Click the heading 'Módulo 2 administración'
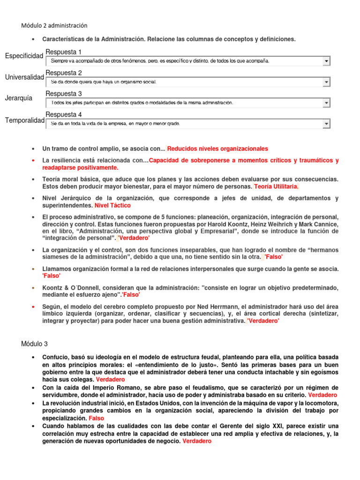pyautogui.click(x=54, y=25)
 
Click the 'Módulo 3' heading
pyautogui.click(x=35, y=344)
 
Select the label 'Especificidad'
pyautogui.click(x=24, y=56)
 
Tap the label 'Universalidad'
pyautogui.click(x=24, y=77)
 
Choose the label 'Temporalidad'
pyautogui.click(x=25, y=120)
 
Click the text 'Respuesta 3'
pyautogui.click(x=64, y=94)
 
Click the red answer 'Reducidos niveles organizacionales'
pyautogui.click(x=217, y=149)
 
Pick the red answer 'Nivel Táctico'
pyautogui.click(x=112, y=205)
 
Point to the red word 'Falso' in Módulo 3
pyautogui.click(x=97, y=418)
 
